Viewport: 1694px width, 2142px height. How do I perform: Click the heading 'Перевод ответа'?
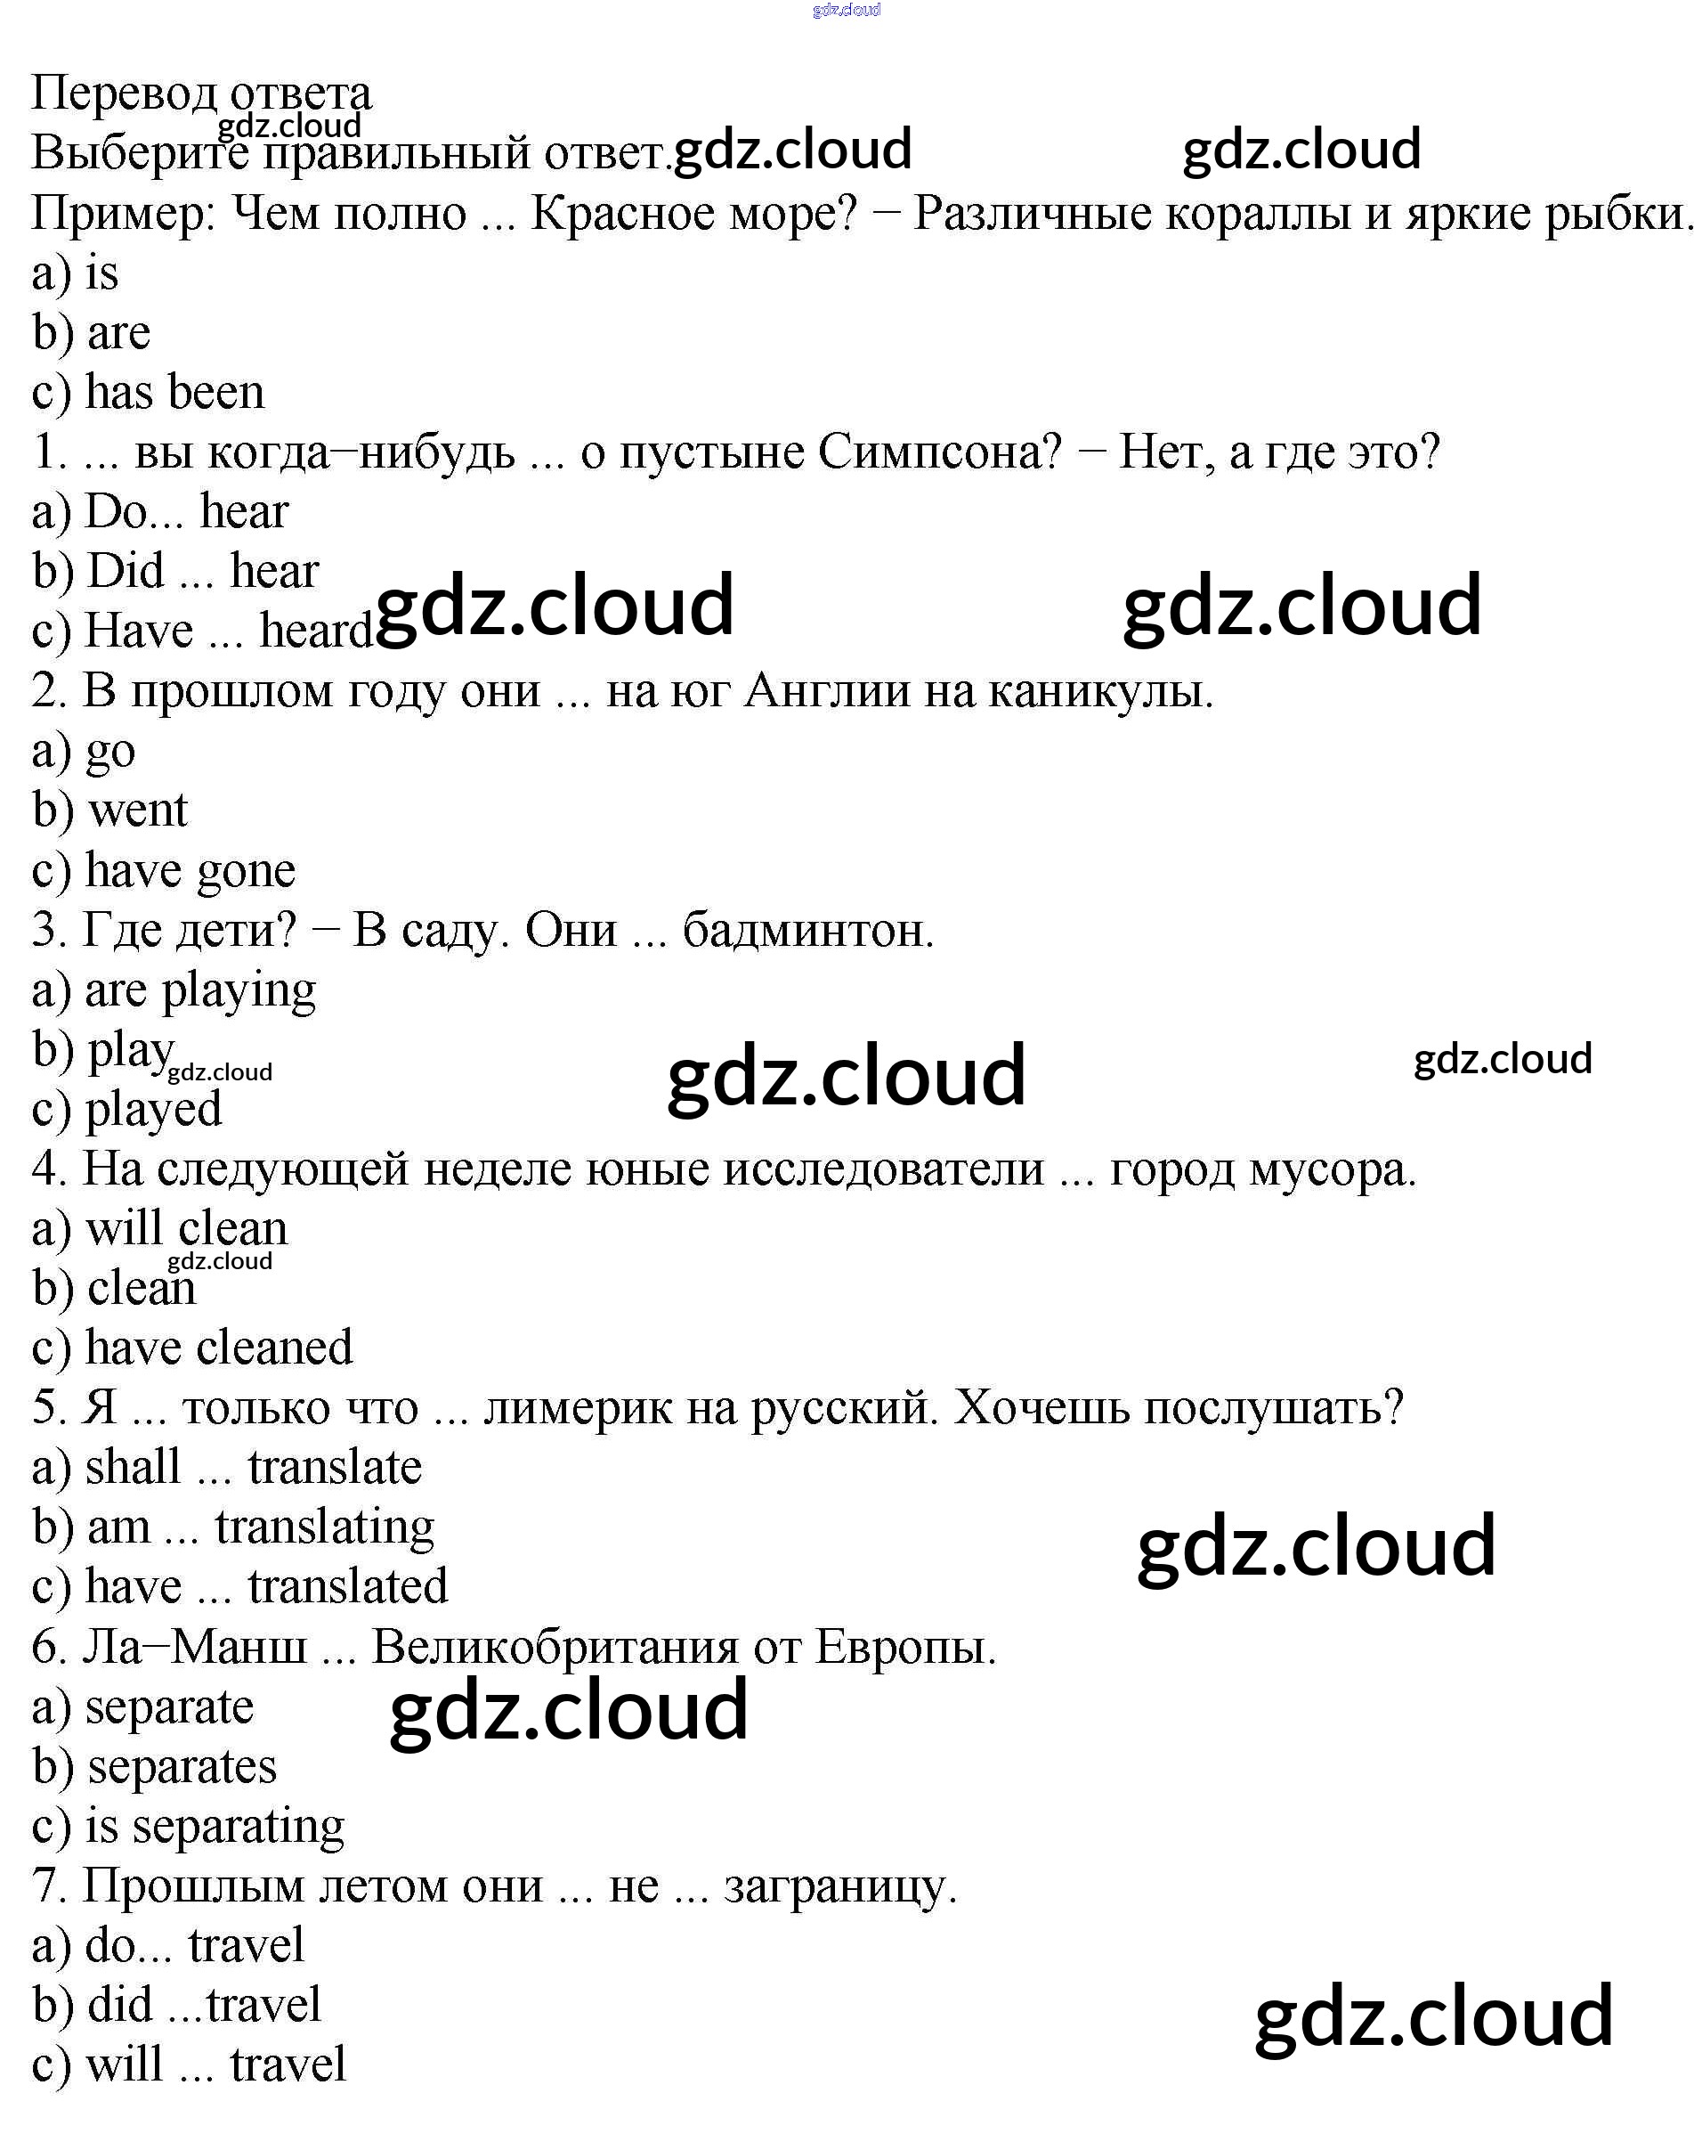[x=201, y=94]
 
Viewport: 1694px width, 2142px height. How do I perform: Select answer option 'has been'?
[x=174, y=392]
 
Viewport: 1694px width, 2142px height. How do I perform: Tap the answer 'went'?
[x=137, y=810]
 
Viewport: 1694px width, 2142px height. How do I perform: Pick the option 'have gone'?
[x=190, y=871]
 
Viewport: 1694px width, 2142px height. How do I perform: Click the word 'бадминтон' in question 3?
[x=807, y=931]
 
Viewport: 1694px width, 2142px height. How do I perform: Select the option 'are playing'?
[x=200, y=990]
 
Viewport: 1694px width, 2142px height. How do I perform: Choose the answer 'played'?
[x=154, y=1109]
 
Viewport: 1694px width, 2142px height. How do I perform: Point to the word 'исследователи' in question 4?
[x=883, y=1169]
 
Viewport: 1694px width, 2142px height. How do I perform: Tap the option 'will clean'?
[x=186, y=1229]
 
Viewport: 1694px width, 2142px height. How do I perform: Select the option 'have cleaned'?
[x=218, y=1348]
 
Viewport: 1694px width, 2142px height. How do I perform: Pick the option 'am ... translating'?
[x=261, y=1527]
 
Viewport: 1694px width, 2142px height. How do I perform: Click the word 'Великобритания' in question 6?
[x=555, y=1647]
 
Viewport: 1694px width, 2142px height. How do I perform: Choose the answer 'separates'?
[x=182, y=1766]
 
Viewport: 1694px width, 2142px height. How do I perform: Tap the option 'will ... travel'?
[x=215, y=2065]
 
